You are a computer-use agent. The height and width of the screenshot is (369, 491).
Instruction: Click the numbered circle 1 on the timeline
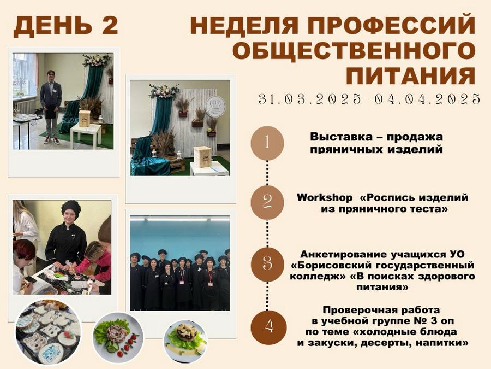[267, 143]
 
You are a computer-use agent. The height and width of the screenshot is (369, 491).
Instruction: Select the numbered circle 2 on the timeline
[267, 202]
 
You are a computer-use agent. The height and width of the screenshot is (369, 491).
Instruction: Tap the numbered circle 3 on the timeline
[267, 264]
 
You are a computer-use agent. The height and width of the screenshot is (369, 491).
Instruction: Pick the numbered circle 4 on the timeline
[268, 327]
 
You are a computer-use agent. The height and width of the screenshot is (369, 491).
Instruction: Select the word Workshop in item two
[325, 198]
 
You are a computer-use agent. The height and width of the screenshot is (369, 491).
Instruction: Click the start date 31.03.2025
[310, 99]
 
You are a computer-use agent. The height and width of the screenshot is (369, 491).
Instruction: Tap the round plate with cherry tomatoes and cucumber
[118, 337]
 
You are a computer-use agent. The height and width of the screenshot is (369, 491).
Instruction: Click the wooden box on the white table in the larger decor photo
[203, 157]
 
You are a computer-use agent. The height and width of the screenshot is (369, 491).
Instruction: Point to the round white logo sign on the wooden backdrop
[215, 106]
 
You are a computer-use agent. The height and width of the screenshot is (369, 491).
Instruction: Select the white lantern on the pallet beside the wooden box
[179, 155]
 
